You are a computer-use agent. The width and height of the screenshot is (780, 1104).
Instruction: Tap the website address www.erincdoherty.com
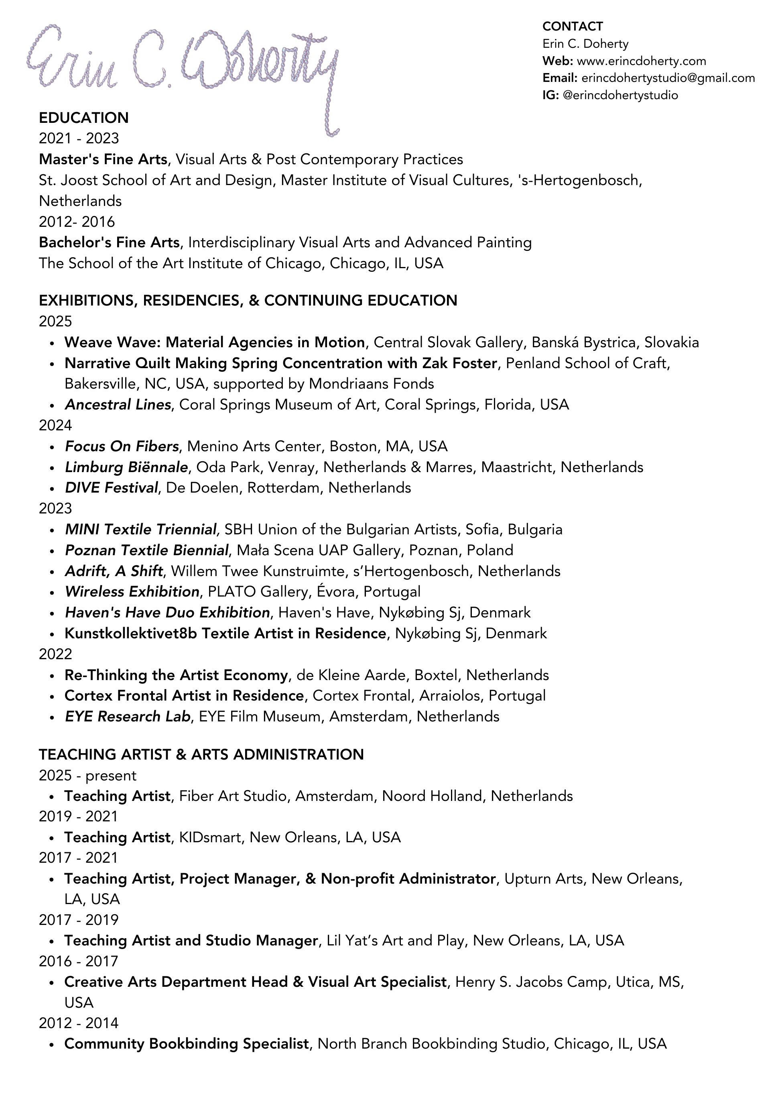coord(641,61)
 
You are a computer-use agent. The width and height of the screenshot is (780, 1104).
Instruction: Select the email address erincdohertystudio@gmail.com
coord(668,78)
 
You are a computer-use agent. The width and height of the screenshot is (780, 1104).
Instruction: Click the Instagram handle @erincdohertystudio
coord(620,95)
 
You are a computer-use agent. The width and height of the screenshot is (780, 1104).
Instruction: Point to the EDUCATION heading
coord(83,118)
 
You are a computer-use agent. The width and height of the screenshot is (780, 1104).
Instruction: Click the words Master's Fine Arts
coord(103,159)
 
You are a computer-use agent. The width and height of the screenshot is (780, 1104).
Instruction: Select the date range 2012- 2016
coord(77,222)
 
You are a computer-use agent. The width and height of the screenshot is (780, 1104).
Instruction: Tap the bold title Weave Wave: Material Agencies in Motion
coord(214,342)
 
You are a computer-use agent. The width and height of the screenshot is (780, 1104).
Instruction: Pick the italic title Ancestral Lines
coord(118,405)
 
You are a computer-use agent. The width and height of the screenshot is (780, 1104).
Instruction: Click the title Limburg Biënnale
coord(126,467)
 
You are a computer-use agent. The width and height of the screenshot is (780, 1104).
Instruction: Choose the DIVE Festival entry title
coord(111,488)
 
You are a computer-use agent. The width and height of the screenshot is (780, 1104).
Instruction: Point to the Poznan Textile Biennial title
coord(146,550)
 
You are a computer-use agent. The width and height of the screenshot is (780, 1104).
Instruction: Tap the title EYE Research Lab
coord(127,717)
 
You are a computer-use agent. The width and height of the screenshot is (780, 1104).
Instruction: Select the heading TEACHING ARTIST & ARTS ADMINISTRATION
coord(201,754)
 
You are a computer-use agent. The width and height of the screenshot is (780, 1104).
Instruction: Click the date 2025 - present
coord(87,776)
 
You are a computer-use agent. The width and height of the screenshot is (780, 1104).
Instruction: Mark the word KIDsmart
coord(209,837)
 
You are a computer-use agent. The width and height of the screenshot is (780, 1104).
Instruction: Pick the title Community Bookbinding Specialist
coord(186,1044)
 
